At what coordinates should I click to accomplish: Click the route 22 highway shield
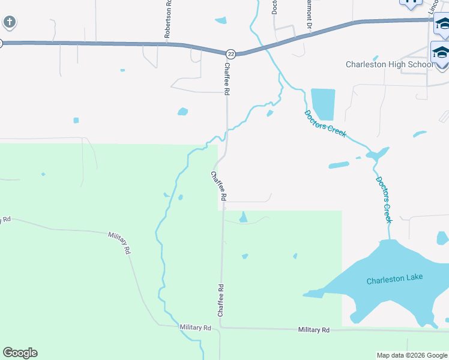pos(231,54)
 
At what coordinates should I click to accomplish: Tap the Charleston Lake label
pos(394,278)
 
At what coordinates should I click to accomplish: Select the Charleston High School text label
pos(388,64)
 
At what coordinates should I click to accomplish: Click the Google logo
pos(20,353)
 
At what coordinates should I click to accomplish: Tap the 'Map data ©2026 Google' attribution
pos(412,355)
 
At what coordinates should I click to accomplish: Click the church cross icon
pos(9,23)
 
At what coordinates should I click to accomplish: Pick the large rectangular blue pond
pos(323,104)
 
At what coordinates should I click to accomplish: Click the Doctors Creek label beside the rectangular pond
pos(325,124)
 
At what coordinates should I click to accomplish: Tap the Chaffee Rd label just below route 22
pos(227,79)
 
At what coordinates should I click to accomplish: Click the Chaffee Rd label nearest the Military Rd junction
pos(221,300)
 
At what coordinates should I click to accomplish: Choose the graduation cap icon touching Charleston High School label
pos(440,52)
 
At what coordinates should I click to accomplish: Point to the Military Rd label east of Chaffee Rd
pos(314,330)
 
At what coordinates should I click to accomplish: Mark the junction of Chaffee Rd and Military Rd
pos(221,328)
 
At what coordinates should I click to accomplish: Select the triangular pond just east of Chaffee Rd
pos(243,217)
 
